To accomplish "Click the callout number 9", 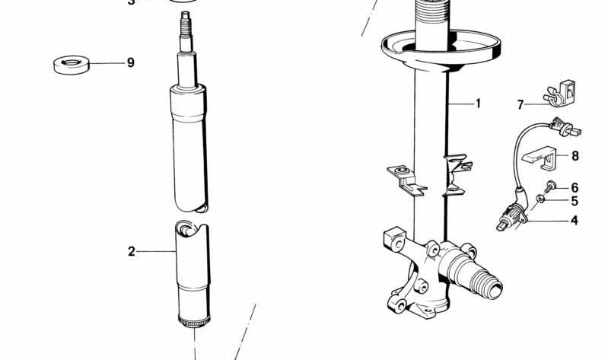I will pyautogui.click(x=130, y=63).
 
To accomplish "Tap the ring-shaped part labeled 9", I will pyautogui.click(x=71, y=64).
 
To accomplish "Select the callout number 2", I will pyautogui.click(x=131, y=251).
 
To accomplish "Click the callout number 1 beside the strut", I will pyautogui.click(x=478, y=104).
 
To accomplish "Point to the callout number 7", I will pyautogui.click(x=520, y=105).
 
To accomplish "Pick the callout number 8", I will pyautogui.click(x=575, y=156).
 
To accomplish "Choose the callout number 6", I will pyautogui.click(x=575, y=187).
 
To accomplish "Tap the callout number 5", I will pyautogui.click(x=575, y=202).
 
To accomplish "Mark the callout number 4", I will pyautogui.click(x=575, y=221).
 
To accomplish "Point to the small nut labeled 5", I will pyautogui.click(x=540, y=199).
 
